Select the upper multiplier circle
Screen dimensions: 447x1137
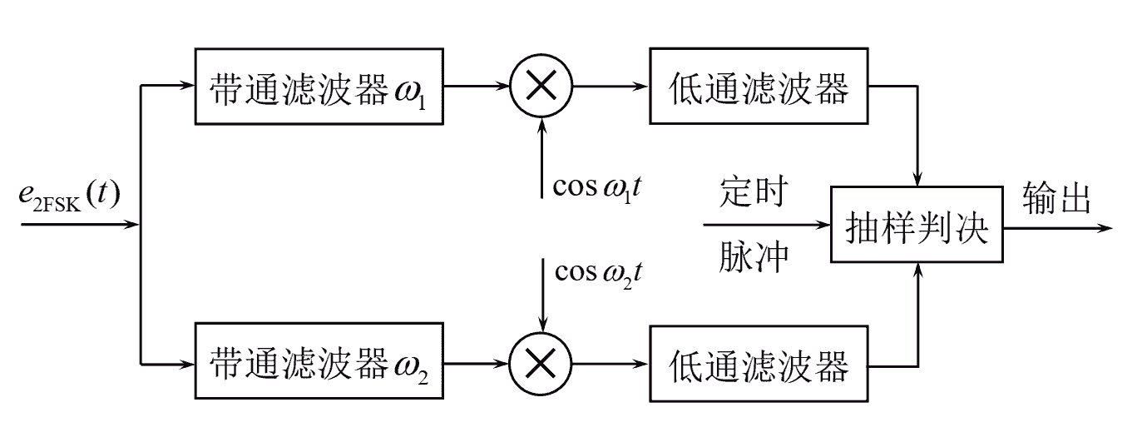pos(541,86)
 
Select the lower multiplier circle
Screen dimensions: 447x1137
pos(541,364)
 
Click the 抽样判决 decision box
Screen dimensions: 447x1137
pos(917,226)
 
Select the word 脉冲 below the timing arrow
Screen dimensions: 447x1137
pos(753,260)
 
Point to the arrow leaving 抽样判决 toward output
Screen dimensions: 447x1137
pos(1056,226)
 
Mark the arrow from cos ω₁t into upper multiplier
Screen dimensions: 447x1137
pos(541,158)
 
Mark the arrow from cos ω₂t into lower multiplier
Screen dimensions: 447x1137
pos(541,296)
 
